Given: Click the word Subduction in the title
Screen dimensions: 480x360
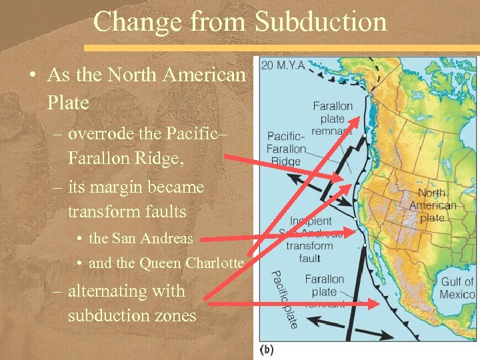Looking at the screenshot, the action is (321, 21).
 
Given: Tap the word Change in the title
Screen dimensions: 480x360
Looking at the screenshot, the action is (137, 21).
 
